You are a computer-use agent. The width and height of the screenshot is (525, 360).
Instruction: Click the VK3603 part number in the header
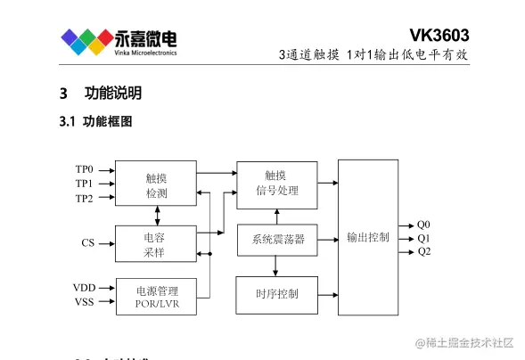pyautogui.click(x=439, y=35)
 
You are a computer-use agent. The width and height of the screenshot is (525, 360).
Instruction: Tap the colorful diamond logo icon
pyautogui.click(x=86, y=40)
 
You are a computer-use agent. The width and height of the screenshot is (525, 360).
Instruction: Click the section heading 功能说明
pyautogui.click(x=112, y=94)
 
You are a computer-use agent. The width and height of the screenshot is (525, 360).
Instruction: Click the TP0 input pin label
pyautogui.click(x=85, y=168)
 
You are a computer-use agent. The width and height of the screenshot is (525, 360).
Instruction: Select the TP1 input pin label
pyautogui.click(x=85, y=183)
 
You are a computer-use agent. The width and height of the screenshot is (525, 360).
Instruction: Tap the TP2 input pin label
pyautogui.click(x=85, y=198)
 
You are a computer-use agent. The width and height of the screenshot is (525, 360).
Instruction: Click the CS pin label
pyautogui.click(x=87, y=242)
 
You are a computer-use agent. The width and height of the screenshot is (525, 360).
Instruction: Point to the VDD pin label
pyautogui.click(x=84, y=287)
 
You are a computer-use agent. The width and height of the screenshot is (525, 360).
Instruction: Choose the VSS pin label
pyautogui.click(x=84, y=302)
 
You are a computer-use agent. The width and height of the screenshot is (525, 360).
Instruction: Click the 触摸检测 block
pyautogui.click(x=156, y=184)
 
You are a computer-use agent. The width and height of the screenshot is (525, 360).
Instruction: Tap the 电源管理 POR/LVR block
pyautogui.click(x=156, y=296)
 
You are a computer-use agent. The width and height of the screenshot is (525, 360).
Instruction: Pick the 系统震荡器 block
pyautogui.click(x=277, y=239)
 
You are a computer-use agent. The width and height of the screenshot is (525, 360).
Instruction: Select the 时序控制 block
pyautogui.click(x=276, y=293)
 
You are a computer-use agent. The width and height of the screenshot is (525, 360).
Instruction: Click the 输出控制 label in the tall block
pyautogui.click(x=367, y=237)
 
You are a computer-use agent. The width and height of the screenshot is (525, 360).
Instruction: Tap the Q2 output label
pyautogui.click(x=423, y=251)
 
